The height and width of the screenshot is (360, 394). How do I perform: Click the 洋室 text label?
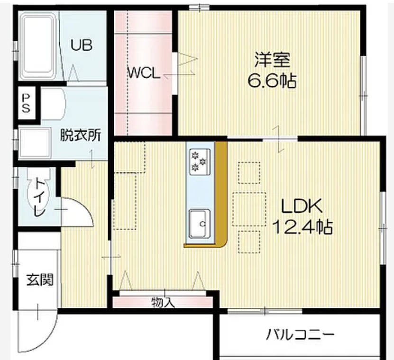point(272,61)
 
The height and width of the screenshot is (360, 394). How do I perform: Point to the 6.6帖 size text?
point(272,81)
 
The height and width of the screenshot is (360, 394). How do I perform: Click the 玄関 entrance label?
point(38,279)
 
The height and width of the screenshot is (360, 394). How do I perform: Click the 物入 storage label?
point(163,302)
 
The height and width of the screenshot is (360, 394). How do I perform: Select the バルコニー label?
point(300,335)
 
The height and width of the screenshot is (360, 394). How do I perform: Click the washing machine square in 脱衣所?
point(34,142)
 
